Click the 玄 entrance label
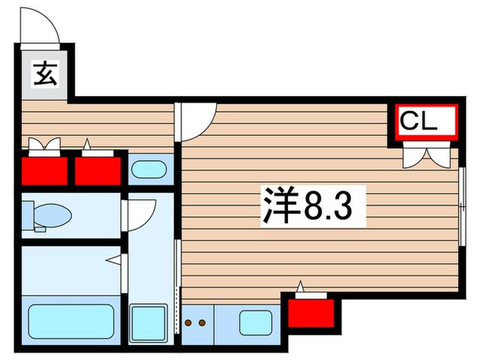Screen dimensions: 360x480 point(42,71)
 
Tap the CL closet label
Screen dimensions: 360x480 point(418,123)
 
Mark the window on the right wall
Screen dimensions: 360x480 point(462,206)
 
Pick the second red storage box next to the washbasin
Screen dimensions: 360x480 point(97,171)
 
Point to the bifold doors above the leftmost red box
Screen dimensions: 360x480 point(43,145)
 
